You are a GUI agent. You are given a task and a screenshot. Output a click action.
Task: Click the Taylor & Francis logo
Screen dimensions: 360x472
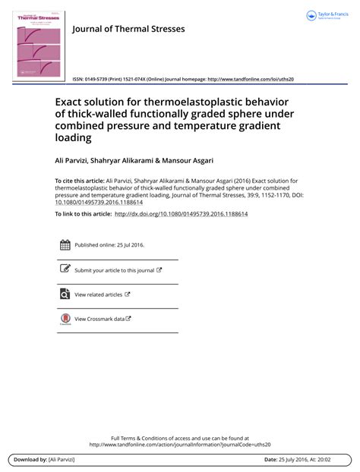pyautogui.click(x=331, y=16)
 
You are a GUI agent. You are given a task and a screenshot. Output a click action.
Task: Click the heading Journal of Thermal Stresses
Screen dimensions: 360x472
pyautogui.click(x=128, y=29)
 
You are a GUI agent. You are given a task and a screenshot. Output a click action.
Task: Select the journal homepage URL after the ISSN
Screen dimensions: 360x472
pyautogui.click(x=251, y=79)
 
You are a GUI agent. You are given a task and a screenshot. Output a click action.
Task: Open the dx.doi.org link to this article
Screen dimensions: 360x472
pyautogui.click(x=181, y=214)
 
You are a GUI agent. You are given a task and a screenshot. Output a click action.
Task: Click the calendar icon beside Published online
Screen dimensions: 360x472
pyautogui.click(x=65, y=245)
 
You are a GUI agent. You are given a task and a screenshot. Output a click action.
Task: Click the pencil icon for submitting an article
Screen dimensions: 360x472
pyautogui.click(x=65, y=269)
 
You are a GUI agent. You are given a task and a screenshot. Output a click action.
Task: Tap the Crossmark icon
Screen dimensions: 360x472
pyautogui.click(x=65, y=319)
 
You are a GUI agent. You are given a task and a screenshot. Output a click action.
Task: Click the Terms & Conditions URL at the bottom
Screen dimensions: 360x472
pyautogui.click(x=179, y=445)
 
